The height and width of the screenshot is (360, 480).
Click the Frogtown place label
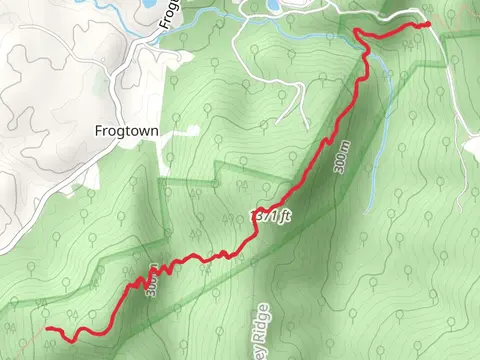pyautogui.click(x=127, y=130)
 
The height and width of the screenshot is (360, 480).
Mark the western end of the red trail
pyautogui.click(x=47, y=328)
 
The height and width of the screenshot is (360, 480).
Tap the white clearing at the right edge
pyautogui.click(x=471, y=148)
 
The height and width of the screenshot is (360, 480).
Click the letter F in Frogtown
pyautogui.click(x=98, y=130)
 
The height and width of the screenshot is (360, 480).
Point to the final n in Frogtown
pyautogui.click(x=156, y=130)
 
